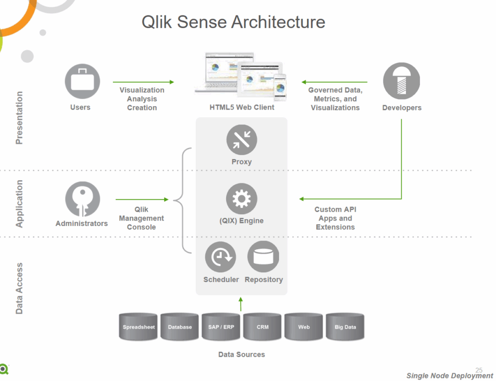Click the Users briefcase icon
coord(82,81)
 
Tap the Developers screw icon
coord(401,81)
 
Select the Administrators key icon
coord(82,199)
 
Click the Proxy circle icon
coord(242,140)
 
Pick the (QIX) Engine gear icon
coord(242,199)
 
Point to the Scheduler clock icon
coord(220,257)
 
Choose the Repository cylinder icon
coord(263,257)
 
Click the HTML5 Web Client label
coord(242,107)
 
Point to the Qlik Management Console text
coord(141,218)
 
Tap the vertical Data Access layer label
coord(19,288)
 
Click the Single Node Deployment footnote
coord(449,376)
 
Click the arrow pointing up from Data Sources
coord(241,304)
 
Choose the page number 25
coord(480,370)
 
